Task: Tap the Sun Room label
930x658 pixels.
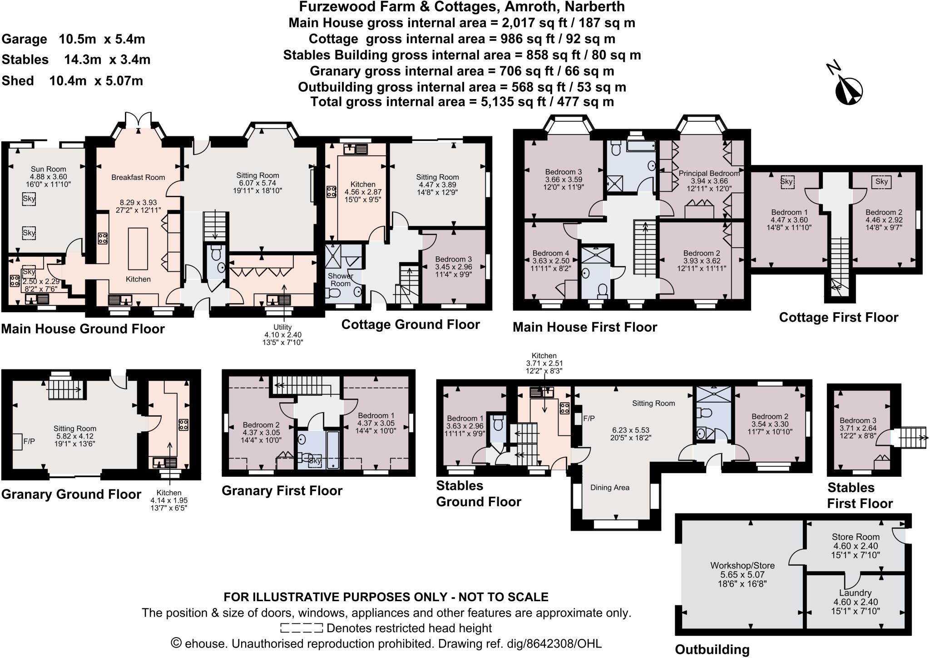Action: click(x=49, y=169)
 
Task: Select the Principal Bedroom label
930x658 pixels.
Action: click(x=709, y=173)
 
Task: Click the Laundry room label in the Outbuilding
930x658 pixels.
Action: click(x=855, y=593)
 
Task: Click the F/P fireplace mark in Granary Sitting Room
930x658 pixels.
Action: click(x=29, y=441)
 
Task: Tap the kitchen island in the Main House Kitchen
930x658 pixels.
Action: click(x=138, y=249)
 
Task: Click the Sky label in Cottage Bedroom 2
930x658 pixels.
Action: click(x=881, y=182)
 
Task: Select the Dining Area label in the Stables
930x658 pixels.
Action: click(x=609, y=488)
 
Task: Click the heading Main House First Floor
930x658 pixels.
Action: click(x=584, y=327)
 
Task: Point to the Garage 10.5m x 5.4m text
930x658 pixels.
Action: click(x=74, y=39)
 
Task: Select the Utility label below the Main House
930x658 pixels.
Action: click(x=282, y=327)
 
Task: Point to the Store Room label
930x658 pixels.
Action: click(x=856, y=537)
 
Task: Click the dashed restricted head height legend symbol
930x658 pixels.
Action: click(x=301, y=628)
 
